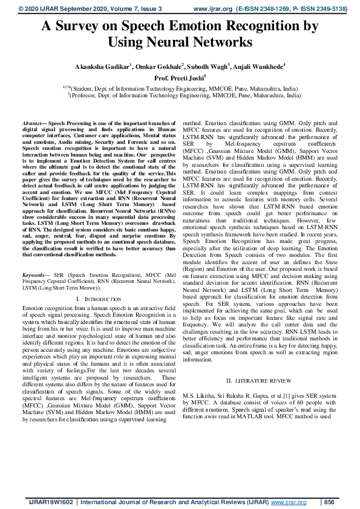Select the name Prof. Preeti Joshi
tap(179, 77)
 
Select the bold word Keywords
tap(34, 274)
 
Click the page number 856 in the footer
tap(329, 502)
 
